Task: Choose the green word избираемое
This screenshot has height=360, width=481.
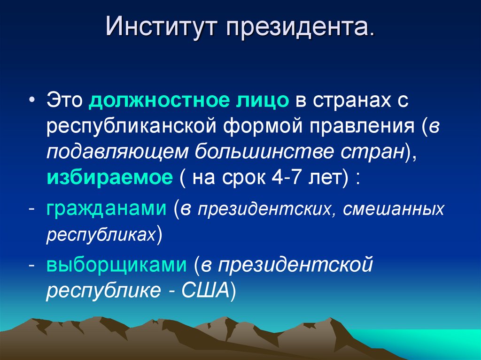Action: coord(109,178)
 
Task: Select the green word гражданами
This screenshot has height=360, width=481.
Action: coord(106,208)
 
